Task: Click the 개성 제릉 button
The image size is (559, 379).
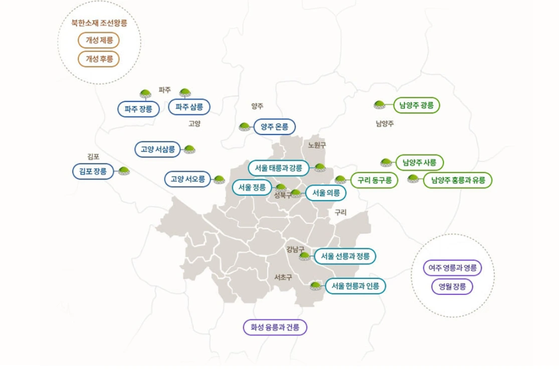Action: [x=99, y=41]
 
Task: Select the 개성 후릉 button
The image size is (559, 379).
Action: [x=99, y=59]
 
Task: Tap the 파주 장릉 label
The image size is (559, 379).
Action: [x=138, y=108]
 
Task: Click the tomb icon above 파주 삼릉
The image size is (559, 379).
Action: [x=185, y=92]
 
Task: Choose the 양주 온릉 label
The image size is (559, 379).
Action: [x=274, y=127]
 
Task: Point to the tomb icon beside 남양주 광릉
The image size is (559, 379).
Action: [x=380, y=105]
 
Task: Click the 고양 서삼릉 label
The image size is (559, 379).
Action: [x=157, y=149]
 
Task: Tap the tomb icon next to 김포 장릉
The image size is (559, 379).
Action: [x=123, y=171]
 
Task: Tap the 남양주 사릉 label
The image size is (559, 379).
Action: [x=420, y=162]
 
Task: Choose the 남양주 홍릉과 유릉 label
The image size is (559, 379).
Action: [x=458, y=180]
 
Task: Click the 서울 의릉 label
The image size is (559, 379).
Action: [x=326, y=193]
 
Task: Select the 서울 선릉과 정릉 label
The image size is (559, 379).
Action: [x=345, y=256]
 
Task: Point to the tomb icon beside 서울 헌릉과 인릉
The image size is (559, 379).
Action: [x=315, y=286]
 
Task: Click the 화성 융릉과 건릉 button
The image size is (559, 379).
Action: [x=275, y=328]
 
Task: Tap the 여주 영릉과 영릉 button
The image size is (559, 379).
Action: [x=452, y=268]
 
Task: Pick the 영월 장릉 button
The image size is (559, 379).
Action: [x=452, y=287]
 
